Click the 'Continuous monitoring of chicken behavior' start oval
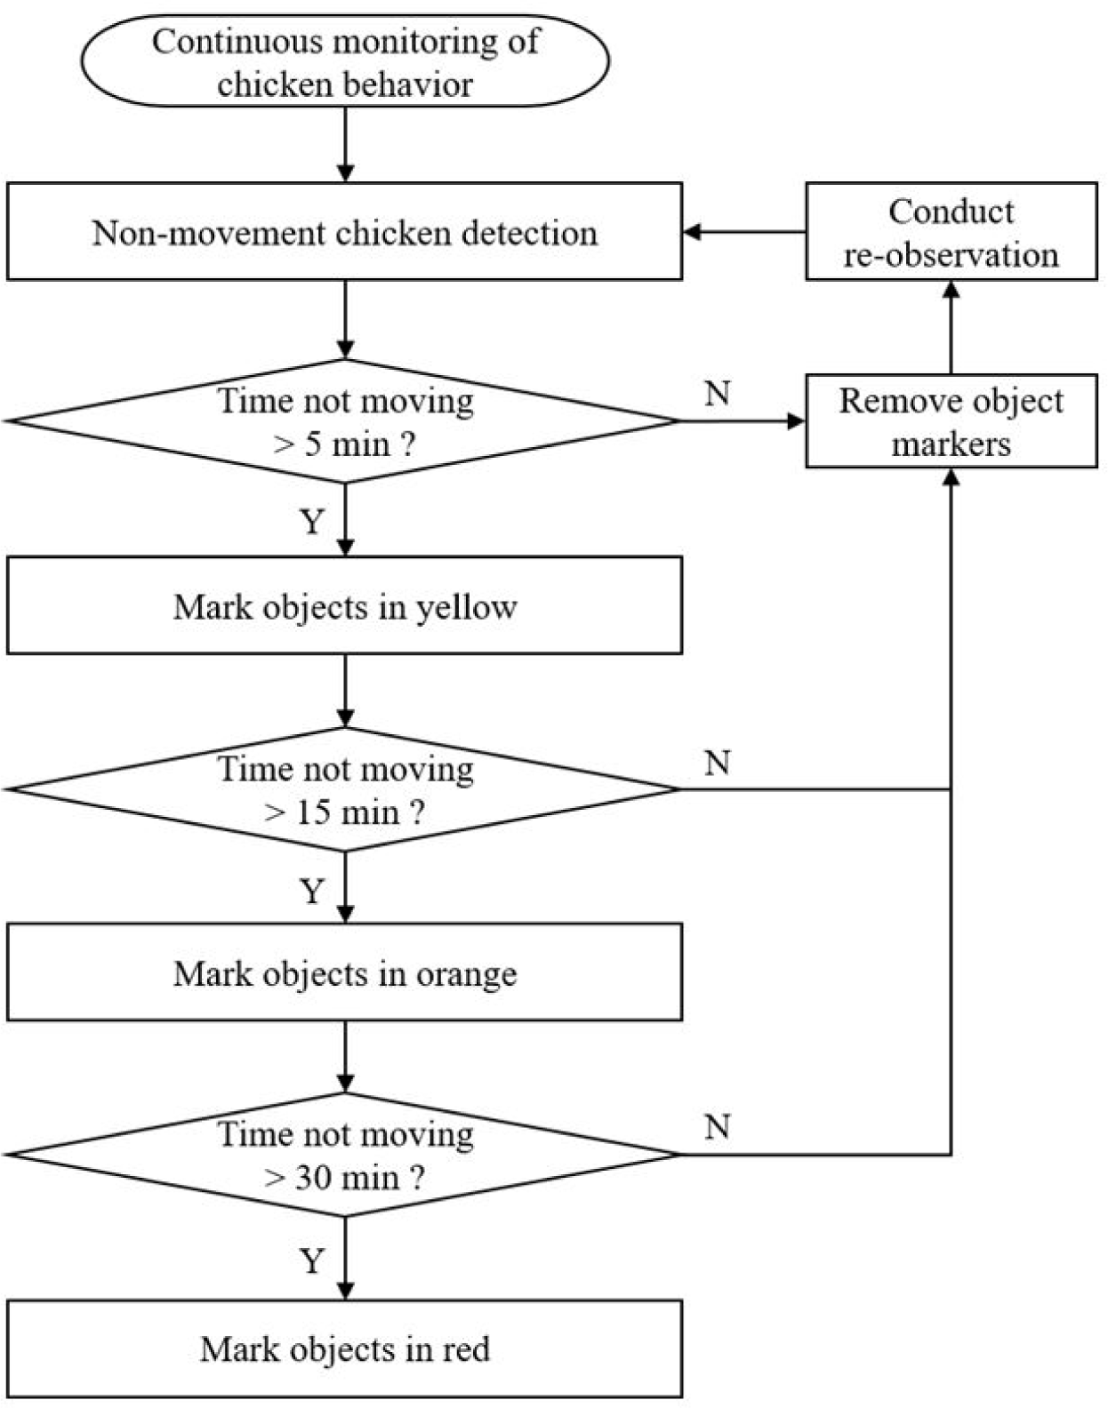pos(345,60)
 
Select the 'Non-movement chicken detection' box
pos(344,232)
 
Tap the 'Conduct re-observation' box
pos(951,232)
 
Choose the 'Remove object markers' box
pos(951,421)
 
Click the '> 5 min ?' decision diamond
pos(344,421)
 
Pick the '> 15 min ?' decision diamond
pos(344,789)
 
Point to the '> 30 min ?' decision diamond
pos(344,1155)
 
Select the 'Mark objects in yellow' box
pos(344,605)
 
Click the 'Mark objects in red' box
pos(344,1348)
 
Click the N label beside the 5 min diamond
pos(718,393)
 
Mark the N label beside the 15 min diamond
pos(718,763)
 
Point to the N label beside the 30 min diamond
pos(718,1126)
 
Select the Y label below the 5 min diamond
pos(312,522)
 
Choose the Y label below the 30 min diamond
pos(312,1260)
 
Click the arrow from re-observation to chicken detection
pos(744,232)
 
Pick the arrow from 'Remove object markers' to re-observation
pos(951,328)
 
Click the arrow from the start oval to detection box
pos(345,145)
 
